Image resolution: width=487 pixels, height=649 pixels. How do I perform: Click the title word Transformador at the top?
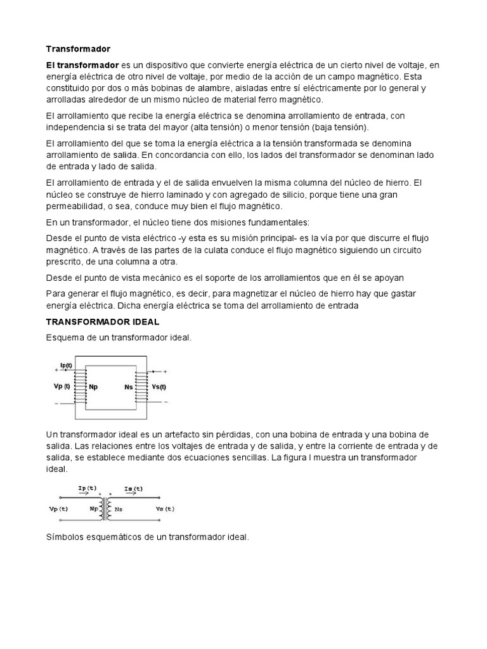tap(78, 49)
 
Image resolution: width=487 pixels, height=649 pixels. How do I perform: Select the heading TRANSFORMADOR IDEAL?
tap(102, 322)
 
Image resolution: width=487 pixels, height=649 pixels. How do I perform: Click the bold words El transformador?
tap(82, 65)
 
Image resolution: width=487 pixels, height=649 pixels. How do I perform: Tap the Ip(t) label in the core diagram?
tap(65, 364)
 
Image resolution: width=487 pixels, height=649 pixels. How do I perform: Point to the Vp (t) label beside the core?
tap(58, 386)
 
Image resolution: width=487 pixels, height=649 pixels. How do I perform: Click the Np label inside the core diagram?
tap(93, 387)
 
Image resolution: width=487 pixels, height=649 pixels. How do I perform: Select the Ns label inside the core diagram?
tap(129, 387)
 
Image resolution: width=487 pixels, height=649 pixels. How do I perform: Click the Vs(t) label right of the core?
tap(159, 387)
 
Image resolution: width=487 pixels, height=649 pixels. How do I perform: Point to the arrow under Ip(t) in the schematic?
tap(86, 496)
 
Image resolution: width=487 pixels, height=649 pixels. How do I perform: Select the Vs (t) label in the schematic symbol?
tap(164, 508)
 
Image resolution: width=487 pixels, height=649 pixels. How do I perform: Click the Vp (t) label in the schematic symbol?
tap(58, 508)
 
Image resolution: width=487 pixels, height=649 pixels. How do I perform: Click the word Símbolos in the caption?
tap(66, 537)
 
